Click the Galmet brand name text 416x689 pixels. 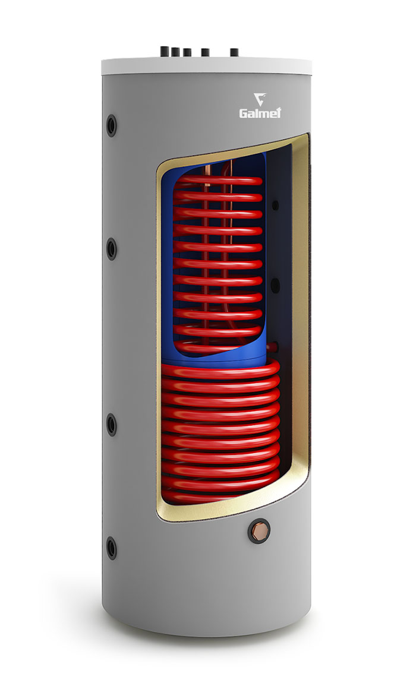click(260, 113)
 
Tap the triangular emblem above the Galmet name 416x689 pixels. click(260, 99)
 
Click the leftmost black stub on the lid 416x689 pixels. click(165, 52)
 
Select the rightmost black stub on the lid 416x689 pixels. click(234, 52)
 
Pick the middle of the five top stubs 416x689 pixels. click(187, 52)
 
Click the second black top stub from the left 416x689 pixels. click(175, 52)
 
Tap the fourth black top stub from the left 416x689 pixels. click(206, 52)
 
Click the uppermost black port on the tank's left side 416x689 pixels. click(112, 126)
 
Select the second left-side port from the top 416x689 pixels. click(112, 249)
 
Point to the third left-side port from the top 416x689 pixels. click(112, 425)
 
